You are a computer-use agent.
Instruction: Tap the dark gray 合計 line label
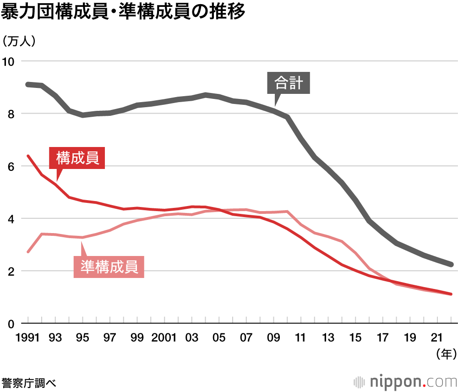[289, 83]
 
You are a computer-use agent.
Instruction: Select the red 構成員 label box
[77, 158]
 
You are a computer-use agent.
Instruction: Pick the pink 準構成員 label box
[109, 267]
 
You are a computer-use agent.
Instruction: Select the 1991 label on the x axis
[28, 338]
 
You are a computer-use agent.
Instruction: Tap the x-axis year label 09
[273, 338]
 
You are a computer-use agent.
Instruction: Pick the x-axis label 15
[355, 338]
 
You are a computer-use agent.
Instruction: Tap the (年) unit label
[444, 353]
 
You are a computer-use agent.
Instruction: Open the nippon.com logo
[405, 381]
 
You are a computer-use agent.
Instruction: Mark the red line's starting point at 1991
[28, 156]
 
